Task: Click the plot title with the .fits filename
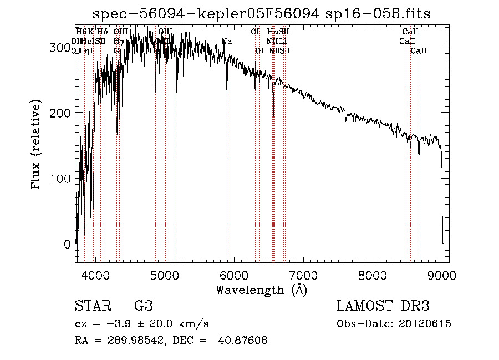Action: (x=262, y=13)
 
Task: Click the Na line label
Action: (x=227, y=42)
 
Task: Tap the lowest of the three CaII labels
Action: (x=419, y=50)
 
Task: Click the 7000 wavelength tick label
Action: (x=303, y=275)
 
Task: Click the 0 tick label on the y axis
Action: (x=67, y=244)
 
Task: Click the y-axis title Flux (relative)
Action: (x=37, y=145)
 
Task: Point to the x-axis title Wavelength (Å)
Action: (x=261, y=290)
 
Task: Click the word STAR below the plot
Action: (x=93, y=306)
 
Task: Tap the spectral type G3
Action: (x=143, y=306)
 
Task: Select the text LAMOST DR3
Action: (x=383, y=306)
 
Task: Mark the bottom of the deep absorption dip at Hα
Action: (x=273, y=116)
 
